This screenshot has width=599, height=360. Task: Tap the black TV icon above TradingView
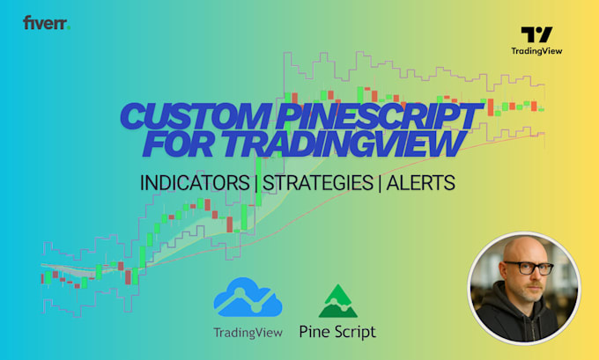pos(536,34)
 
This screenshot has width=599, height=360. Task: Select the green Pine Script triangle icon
pos(336,301)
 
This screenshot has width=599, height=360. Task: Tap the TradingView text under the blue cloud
pos(248,332)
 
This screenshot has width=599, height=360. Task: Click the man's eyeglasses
pos(524,270)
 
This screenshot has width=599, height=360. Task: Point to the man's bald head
pos(523,250)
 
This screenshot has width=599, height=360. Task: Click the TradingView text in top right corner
pos(536,51)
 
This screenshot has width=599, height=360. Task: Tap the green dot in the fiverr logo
pos(69,26)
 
